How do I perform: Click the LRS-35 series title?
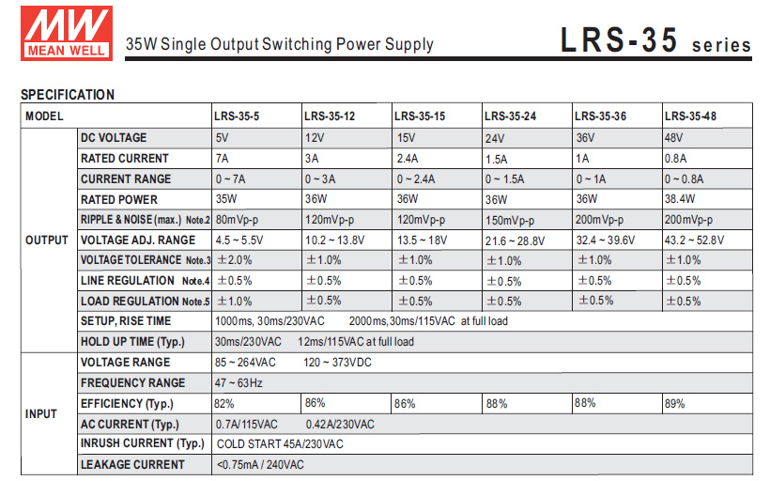[x=655, y=41]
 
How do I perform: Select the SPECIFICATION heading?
[x=68, y=95]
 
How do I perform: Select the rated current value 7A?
[x=222, y=159]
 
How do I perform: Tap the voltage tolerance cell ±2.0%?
[x=234, y=260]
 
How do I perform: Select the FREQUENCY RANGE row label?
[x=132, y=383]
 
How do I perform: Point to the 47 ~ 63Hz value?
[x=239, y=383]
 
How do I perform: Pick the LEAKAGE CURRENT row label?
[x=132, y=465]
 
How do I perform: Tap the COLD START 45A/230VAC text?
[x=280, y=444]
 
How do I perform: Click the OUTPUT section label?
[x=47, y=240]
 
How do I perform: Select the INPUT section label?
[x=41, y=413]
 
